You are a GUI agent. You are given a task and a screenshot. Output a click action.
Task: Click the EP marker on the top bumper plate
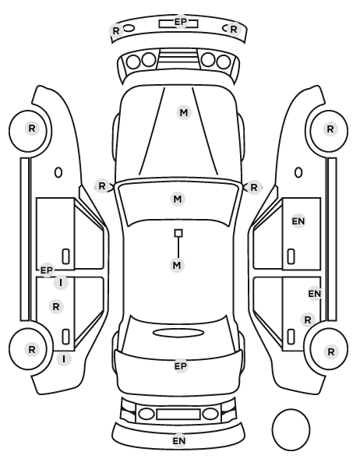(x=181, y=22)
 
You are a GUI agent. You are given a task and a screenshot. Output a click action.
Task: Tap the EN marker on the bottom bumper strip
(x=179, y=441)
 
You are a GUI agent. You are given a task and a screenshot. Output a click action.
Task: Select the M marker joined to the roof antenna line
(x=177, y=265)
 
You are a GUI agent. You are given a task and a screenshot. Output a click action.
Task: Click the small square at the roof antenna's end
(x=178, y=233)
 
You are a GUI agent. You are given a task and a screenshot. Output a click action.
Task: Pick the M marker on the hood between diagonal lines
(x=184, y=113)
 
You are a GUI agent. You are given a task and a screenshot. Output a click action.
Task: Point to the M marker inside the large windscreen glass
(x=178, y=199)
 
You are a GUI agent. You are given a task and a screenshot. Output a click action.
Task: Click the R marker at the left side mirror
(x=102, y=186)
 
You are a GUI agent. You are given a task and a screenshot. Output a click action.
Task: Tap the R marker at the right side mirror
(x=253, y=188)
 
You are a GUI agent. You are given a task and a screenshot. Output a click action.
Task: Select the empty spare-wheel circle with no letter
(x=291, y=429)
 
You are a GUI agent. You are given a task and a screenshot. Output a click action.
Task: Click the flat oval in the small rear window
(x=178, y=333)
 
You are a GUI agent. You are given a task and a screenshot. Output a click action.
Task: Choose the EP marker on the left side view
(x=47, y=270)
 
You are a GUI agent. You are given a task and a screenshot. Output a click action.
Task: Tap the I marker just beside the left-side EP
(x=61, y=283)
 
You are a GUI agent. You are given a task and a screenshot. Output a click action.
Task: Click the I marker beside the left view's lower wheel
(x=64, y=359)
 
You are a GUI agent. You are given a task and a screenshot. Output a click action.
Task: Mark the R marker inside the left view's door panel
(x=56, y=306)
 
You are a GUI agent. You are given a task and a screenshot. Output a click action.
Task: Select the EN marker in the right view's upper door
(x=298, y=221)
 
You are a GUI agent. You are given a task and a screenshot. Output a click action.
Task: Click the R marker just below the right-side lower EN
(x=308, y=319)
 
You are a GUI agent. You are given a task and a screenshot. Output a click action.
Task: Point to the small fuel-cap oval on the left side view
(x=58, y=172)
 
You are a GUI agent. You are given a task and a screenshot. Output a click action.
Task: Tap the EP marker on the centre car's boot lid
(x=181, y=366)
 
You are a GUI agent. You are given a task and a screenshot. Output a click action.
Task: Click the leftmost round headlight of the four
(x=133, y=62)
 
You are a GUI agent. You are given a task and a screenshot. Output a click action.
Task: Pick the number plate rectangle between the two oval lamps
(x=178, y=414)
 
